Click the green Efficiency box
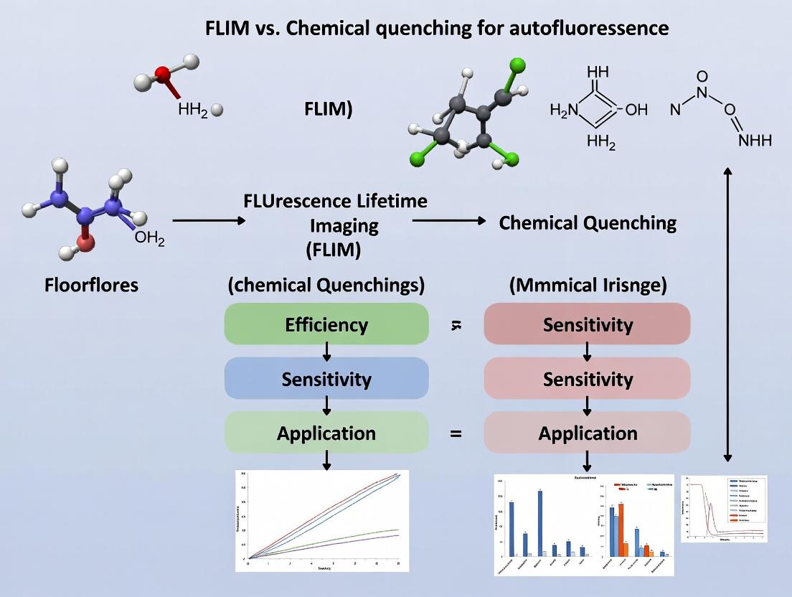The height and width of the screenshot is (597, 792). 326,324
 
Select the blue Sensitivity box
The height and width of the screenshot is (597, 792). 326,379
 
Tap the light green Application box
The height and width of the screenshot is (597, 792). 326,433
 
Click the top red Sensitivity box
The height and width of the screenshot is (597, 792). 588,324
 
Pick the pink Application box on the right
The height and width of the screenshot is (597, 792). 588,433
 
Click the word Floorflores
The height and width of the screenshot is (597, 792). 91,285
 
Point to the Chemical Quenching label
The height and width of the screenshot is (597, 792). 588,222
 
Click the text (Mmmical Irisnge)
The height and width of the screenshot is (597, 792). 588,285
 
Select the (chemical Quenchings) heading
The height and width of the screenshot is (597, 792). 326,285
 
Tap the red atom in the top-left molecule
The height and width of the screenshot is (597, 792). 163,73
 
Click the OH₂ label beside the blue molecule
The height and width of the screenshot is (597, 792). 149,240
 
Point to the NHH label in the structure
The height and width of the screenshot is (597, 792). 755,140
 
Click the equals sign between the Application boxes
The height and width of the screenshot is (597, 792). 456,434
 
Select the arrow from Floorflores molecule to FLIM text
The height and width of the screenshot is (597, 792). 208,221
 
